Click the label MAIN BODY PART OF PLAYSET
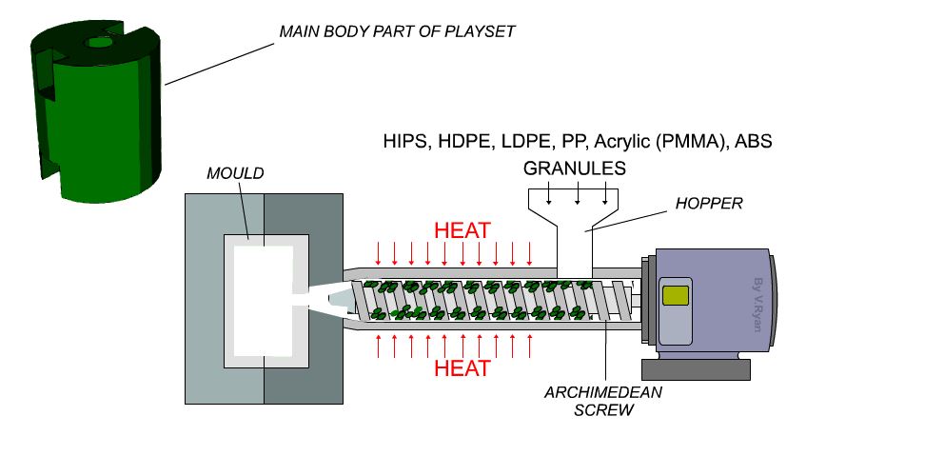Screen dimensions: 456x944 pos(396,31)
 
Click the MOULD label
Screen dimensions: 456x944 pos(234,174)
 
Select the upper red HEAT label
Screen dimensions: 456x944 pos(462,230)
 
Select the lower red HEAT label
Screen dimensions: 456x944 pos(462,367)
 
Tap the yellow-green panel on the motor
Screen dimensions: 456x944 pos(675,295)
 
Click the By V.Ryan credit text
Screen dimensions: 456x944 pos(757,303)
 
